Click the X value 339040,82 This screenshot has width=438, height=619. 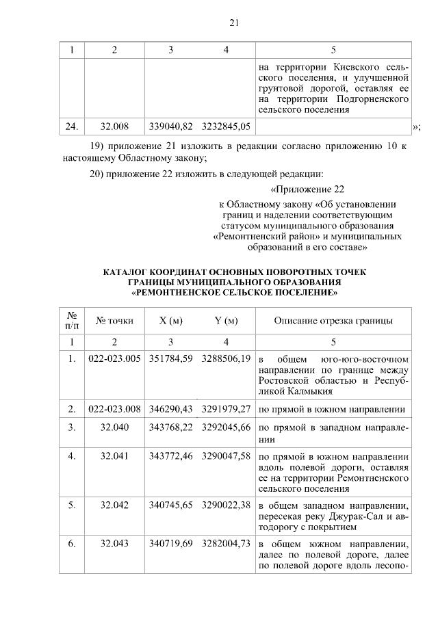[170, 126]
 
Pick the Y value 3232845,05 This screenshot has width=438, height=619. [226, 126]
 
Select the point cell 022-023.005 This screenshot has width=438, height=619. [114, 359]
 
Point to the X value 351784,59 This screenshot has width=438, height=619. [170, 359]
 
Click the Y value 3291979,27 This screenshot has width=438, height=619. [226, 409]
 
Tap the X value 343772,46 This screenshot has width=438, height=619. [170, 455]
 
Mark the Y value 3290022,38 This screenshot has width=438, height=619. [226, 505]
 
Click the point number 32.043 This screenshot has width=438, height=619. [114, 544]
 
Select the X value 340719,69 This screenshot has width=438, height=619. [170, 544]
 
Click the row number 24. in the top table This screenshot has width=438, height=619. [71, 126]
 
